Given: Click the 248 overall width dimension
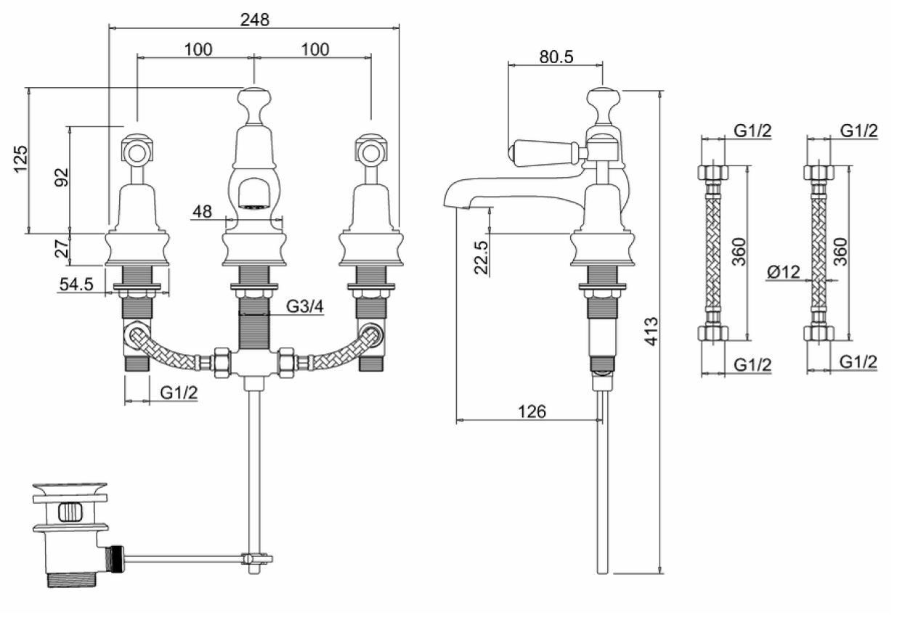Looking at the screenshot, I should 255,20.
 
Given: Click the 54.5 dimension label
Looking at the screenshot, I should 76,285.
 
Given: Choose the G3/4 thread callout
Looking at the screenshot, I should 304,306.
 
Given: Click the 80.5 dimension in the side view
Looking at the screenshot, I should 557,56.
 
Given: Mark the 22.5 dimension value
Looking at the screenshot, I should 480,257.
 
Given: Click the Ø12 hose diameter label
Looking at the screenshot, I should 783,273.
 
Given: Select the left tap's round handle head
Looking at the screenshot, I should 137,150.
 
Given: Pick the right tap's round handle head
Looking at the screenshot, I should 370,150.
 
